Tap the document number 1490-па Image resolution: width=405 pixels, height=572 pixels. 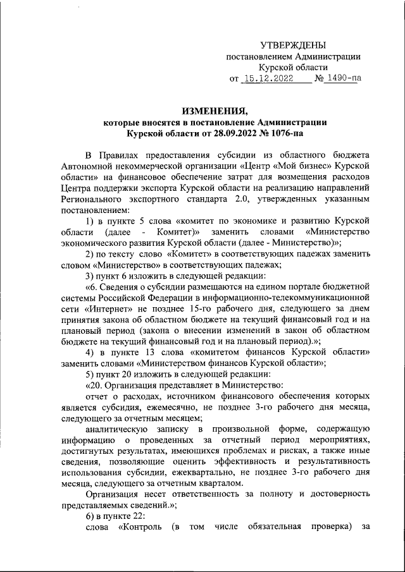(342, 79)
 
